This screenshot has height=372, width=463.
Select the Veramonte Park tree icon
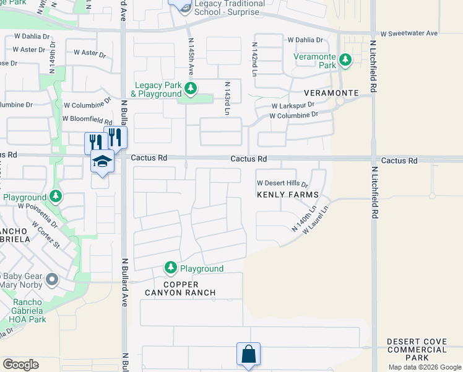pyautogui.click(x=345, y=60)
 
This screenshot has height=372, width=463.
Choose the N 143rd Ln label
pyautogui.click(x=227, y=98)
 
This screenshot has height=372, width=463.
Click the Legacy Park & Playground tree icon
pyautogui.click(x=191, y=89)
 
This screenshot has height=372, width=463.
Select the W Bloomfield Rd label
pyautogui.click(x=87, y=119)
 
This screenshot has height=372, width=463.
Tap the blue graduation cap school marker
pyautogui.click(x=102, y=162)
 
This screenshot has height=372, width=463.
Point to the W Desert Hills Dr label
pyautogui.click(x=282, y=184)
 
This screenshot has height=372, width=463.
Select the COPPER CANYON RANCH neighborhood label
pyautogui.click(x=180, y=288)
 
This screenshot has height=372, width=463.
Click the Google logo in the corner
pyautogui.click(x=20, y=365)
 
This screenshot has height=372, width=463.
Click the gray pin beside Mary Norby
pyautogui.click(x=51, y=280)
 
